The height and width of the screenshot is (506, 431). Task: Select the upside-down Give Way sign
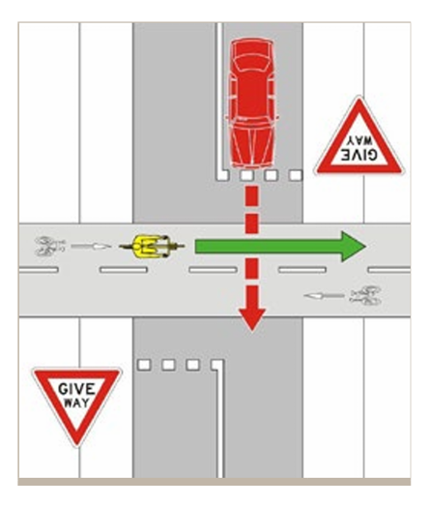(x=358, y=140)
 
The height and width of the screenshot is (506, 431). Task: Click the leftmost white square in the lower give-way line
(x=145, y=366)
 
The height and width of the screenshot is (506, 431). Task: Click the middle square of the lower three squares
(x=169, y=366)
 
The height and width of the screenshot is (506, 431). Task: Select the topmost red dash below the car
(x=251, y=196)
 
